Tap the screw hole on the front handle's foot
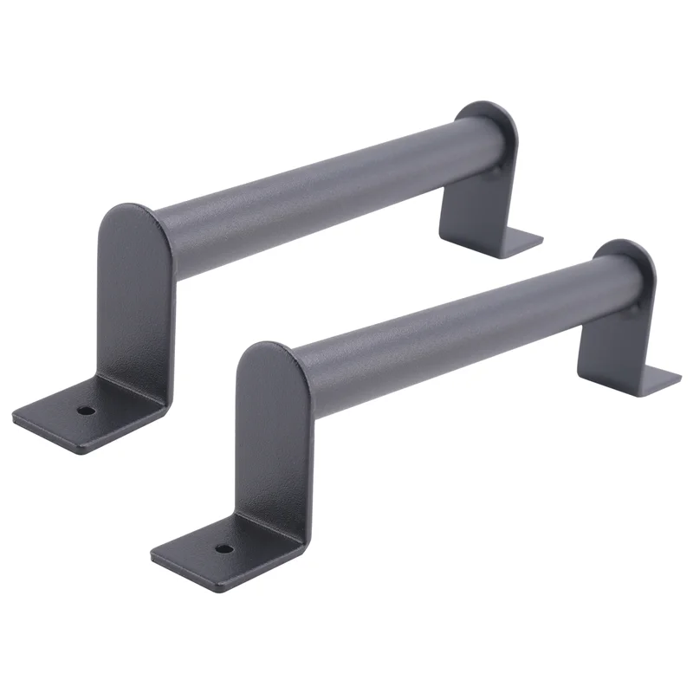224,548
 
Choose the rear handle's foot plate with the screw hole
78,416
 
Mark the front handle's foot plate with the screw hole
217,554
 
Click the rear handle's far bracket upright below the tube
472,204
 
